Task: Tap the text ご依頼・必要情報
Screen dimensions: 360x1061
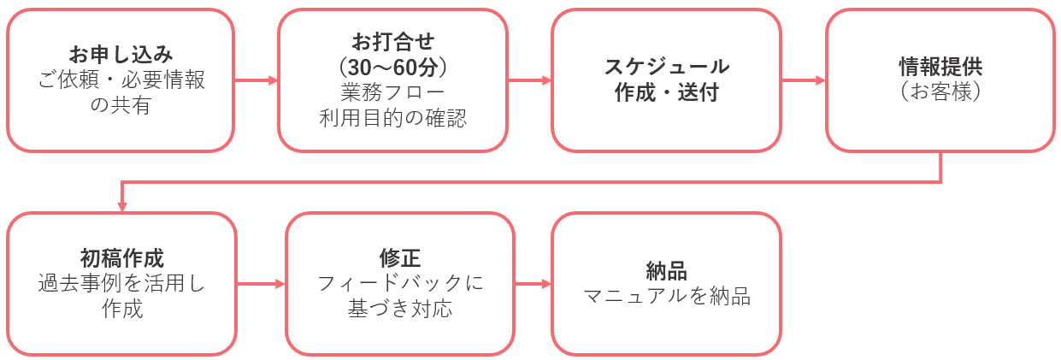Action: click(x=121, y=80)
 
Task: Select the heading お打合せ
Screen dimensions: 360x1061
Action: click(x=393, y=41)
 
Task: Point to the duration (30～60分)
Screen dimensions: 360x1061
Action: click(x=393, y=65)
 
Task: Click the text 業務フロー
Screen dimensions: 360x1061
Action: click(x=393, y=91)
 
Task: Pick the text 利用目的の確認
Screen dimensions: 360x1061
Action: click(x=393, y=118)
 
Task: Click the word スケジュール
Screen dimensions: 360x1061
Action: click(x=667, y=67)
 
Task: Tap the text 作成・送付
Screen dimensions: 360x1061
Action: click(x=667, y=92)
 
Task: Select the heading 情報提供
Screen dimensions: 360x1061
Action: click(x=940, y=67)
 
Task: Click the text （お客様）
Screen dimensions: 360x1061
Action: click(x=940, y=92)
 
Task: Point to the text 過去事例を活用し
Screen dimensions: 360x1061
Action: click(x=121, y=283)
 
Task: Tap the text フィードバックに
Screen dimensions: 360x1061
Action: click(x=400, y=283)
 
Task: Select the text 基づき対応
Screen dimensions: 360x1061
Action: click(x=400, y=309)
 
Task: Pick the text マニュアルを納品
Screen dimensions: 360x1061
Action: click(x=667, y=297)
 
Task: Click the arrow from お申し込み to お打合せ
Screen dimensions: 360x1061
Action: click(x=256, y=80)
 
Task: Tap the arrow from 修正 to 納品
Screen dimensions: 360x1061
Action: click(x=533, y=283)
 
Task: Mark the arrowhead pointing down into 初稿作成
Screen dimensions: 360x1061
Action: click(x=122, y=206)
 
